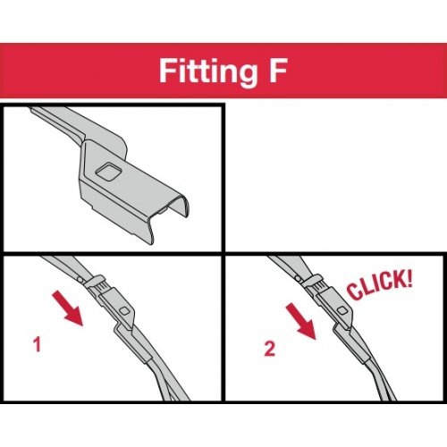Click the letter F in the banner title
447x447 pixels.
[x=278, y=71]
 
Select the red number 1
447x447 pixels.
[x=37, y=344]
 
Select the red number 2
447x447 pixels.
[x=269, y=349]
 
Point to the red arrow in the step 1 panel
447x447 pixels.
[x=68, y=309]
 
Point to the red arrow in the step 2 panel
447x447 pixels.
[x=300, y=322]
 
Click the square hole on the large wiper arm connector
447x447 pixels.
[x=109, y=172]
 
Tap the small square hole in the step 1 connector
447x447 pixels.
[x=123, y=311]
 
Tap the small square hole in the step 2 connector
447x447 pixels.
[x=342, y=310]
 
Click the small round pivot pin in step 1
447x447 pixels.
[x=80, y=279]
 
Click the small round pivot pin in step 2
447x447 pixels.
[x=298, y=279]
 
